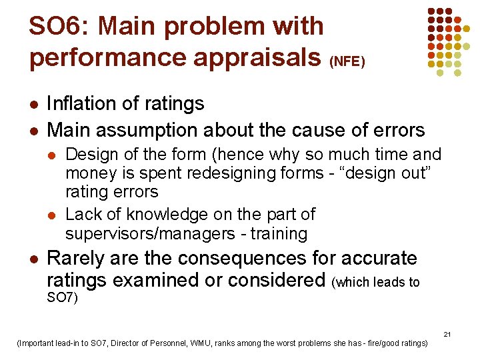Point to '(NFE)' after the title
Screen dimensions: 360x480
point(347,62)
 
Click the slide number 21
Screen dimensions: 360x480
point(447,334)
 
